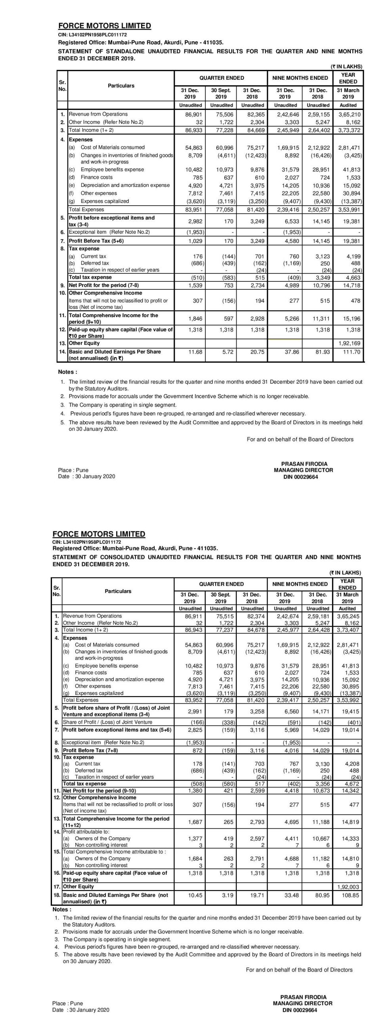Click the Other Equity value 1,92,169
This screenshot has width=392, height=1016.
click(x=349, y=343)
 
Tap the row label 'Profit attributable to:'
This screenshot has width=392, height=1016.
click(x=86, y=831)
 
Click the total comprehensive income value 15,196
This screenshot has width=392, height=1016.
click(x=351, y=319)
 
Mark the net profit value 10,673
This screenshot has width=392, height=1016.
click(x=319, y=791)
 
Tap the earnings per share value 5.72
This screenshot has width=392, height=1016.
click(x=228, y=352)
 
